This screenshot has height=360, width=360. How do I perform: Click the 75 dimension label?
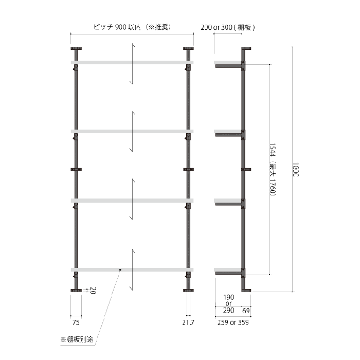pyautogui.click(x=76, y=322)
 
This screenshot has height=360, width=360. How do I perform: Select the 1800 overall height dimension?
pyautogui.click(x=295, y=170)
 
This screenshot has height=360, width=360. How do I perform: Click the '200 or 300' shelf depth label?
pyautogui.click(x=228, y=27)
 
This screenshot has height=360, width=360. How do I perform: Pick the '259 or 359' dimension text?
pyautogui.click(x=232, y=322)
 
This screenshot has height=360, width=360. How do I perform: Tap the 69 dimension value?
pyautogui.click(x=245, y=310)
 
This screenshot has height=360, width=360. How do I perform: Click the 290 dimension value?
pyautogui.click(x=228, y=310)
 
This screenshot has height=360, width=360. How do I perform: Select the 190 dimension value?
pyautogui.click(x=229, y=297)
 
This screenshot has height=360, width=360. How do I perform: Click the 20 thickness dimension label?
pyautogui.click(x=94, y=291)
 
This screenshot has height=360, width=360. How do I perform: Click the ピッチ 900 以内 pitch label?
pyautogui.click(x=132, y=27)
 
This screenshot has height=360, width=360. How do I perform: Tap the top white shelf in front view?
pyautogui.click(x=132, y=63)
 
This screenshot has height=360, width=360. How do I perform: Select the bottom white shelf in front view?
pyautogui.click(x=132, y=269)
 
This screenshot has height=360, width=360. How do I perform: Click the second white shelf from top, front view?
pyautogui.click(x=132, y=132)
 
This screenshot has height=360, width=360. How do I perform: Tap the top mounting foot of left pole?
pyautogui.click(x=76, y=49)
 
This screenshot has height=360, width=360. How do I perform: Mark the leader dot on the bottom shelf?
pyautogui.click(x=120, y=269)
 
